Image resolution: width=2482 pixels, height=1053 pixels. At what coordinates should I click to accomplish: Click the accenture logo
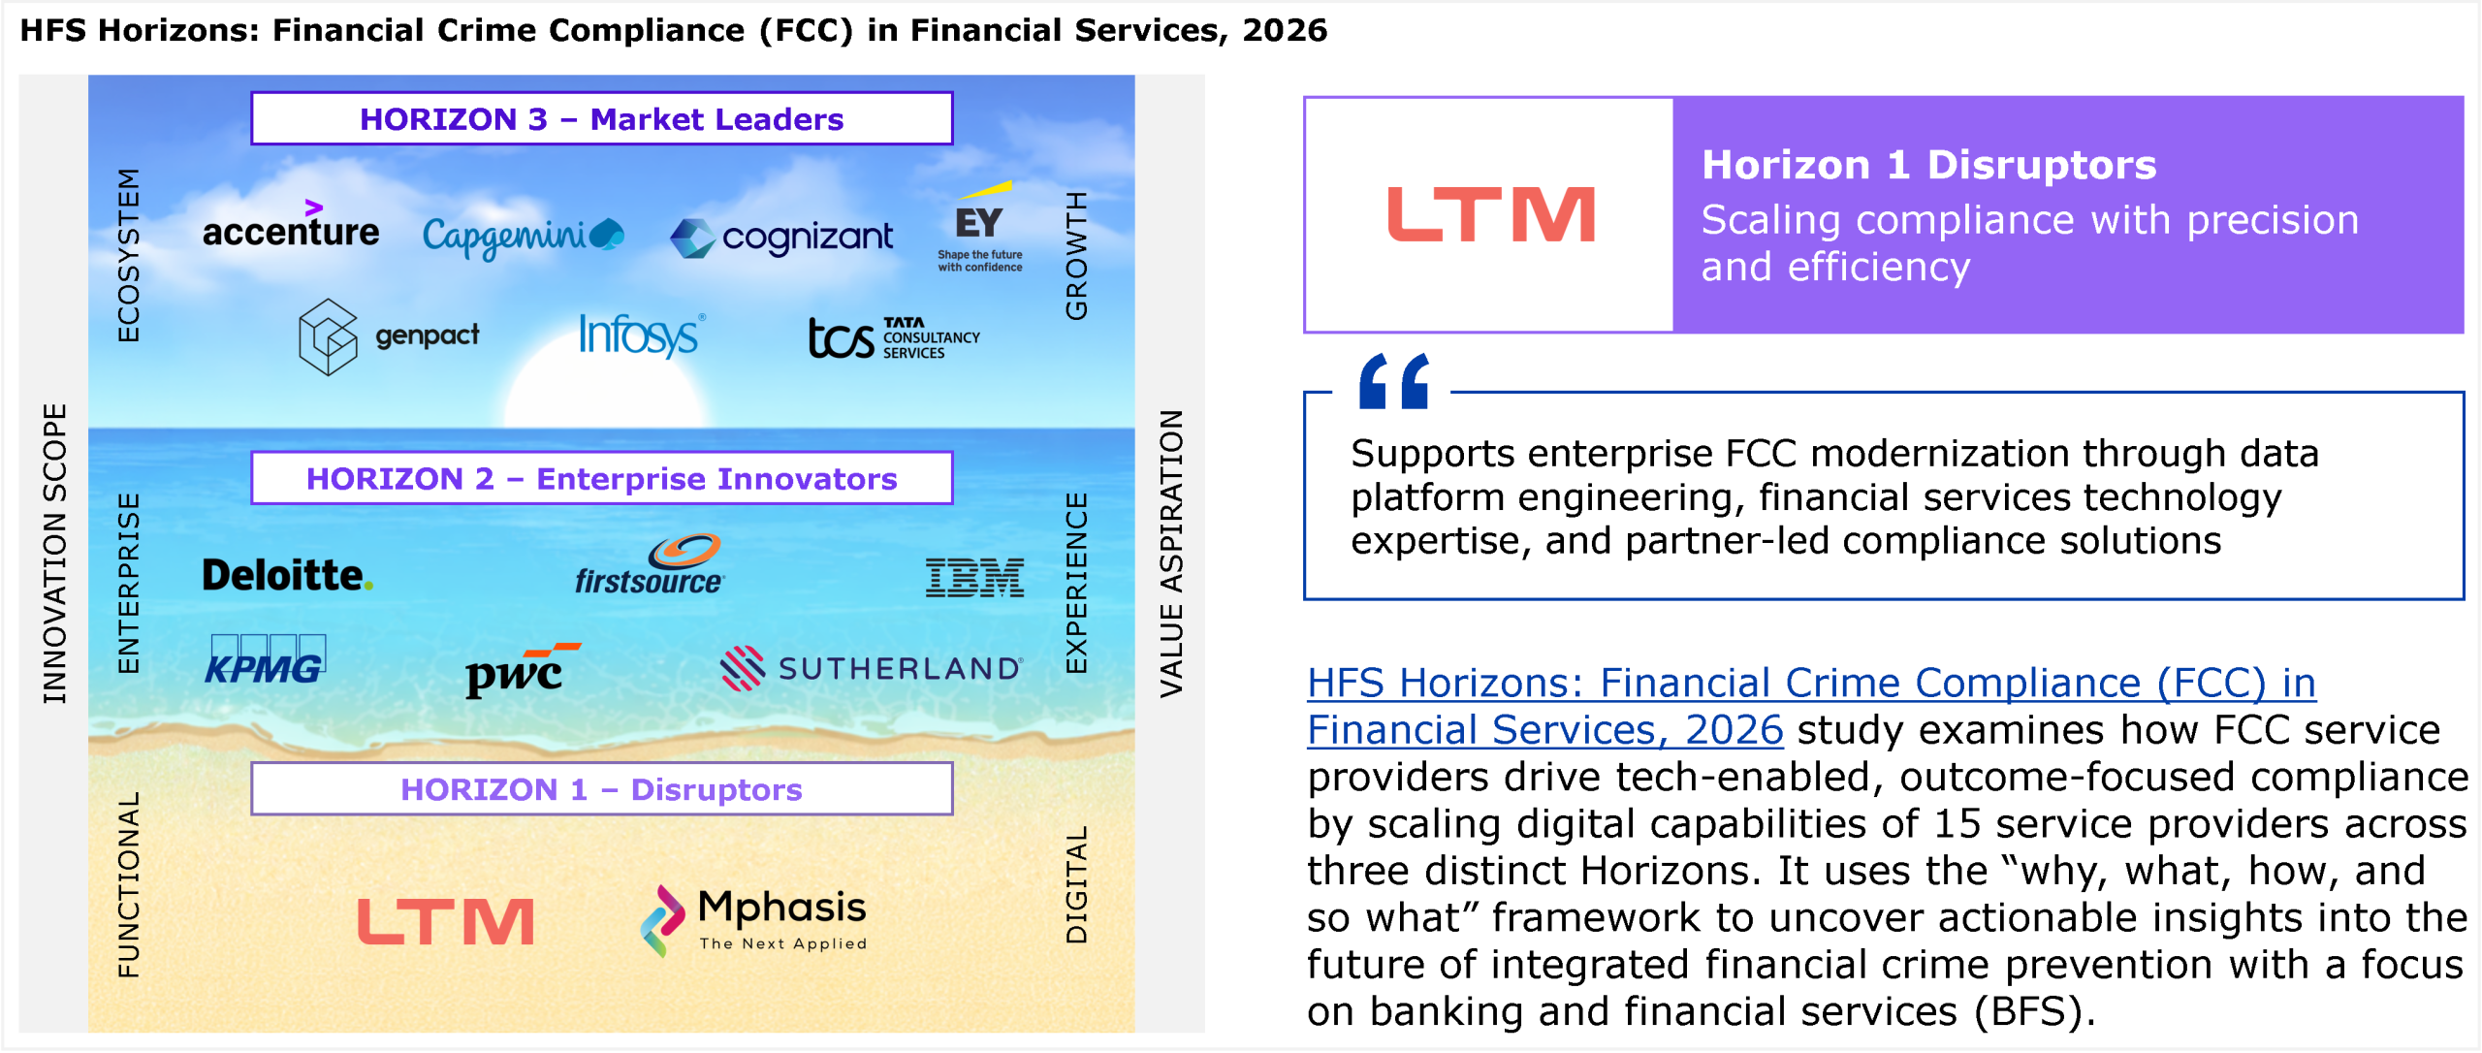[x=291, y=225]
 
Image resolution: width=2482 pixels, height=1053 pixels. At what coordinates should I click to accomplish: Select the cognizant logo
[x=781, y=238]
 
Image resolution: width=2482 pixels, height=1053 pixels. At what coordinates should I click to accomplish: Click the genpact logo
[x=389, y=336]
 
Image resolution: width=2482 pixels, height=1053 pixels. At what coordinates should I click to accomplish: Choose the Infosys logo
[x=641, y=335]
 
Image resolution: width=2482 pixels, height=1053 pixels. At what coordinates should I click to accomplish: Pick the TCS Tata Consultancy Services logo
[x=894, y=338]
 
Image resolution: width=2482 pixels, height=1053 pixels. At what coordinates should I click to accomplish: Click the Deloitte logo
[x=287, y=575]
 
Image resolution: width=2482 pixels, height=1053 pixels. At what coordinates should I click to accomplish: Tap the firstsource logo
[x=650, y=564]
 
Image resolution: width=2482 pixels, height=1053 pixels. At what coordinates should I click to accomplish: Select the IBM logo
[x=974, y=578]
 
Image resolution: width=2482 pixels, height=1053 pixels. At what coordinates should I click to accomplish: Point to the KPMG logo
[x=266, y=660]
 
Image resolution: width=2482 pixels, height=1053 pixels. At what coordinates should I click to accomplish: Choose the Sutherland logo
[x=871, y=668]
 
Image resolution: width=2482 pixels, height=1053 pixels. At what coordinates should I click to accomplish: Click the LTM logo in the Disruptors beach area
[x=446, y=921]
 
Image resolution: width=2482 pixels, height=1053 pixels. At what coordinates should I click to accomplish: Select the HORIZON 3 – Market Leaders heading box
[x=602, y=118]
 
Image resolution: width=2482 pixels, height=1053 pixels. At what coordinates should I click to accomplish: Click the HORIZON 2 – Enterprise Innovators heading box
[x=602, y=478]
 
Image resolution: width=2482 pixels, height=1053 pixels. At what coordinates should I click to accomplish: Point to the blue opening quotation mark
[x=1394, y=381]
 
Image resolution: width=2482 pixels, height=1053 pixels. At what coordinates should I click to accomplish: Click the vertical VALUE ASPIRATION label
[x=1171, y=554]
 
